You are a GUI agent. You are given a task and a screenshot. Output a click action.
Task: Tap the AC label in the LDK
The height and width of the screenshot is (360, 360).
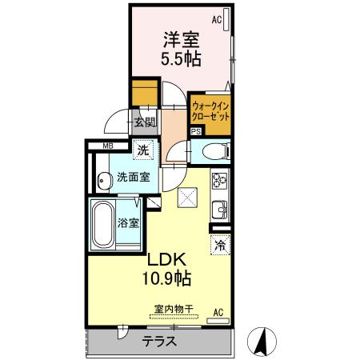pyautogui.click(x=218, y=312)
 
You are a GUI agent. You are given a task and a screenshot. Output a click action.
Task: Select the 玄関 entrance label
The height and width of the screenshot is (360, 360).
pyautogui.click(x=144, y=122)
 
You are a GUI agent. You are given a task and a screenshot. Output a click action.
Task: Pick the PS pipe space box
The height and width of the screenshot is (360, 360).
pyautogui.click(x=196, y=133)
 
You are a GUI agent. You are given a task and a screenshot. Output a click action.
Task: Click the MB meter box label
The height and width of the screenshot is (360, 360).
pyautogui.click(x=106, y=146)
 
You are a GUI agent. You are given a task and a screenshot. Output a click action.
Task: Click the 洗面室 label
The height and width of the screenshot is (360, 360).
pyautogui.click(x=133, y=178)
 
